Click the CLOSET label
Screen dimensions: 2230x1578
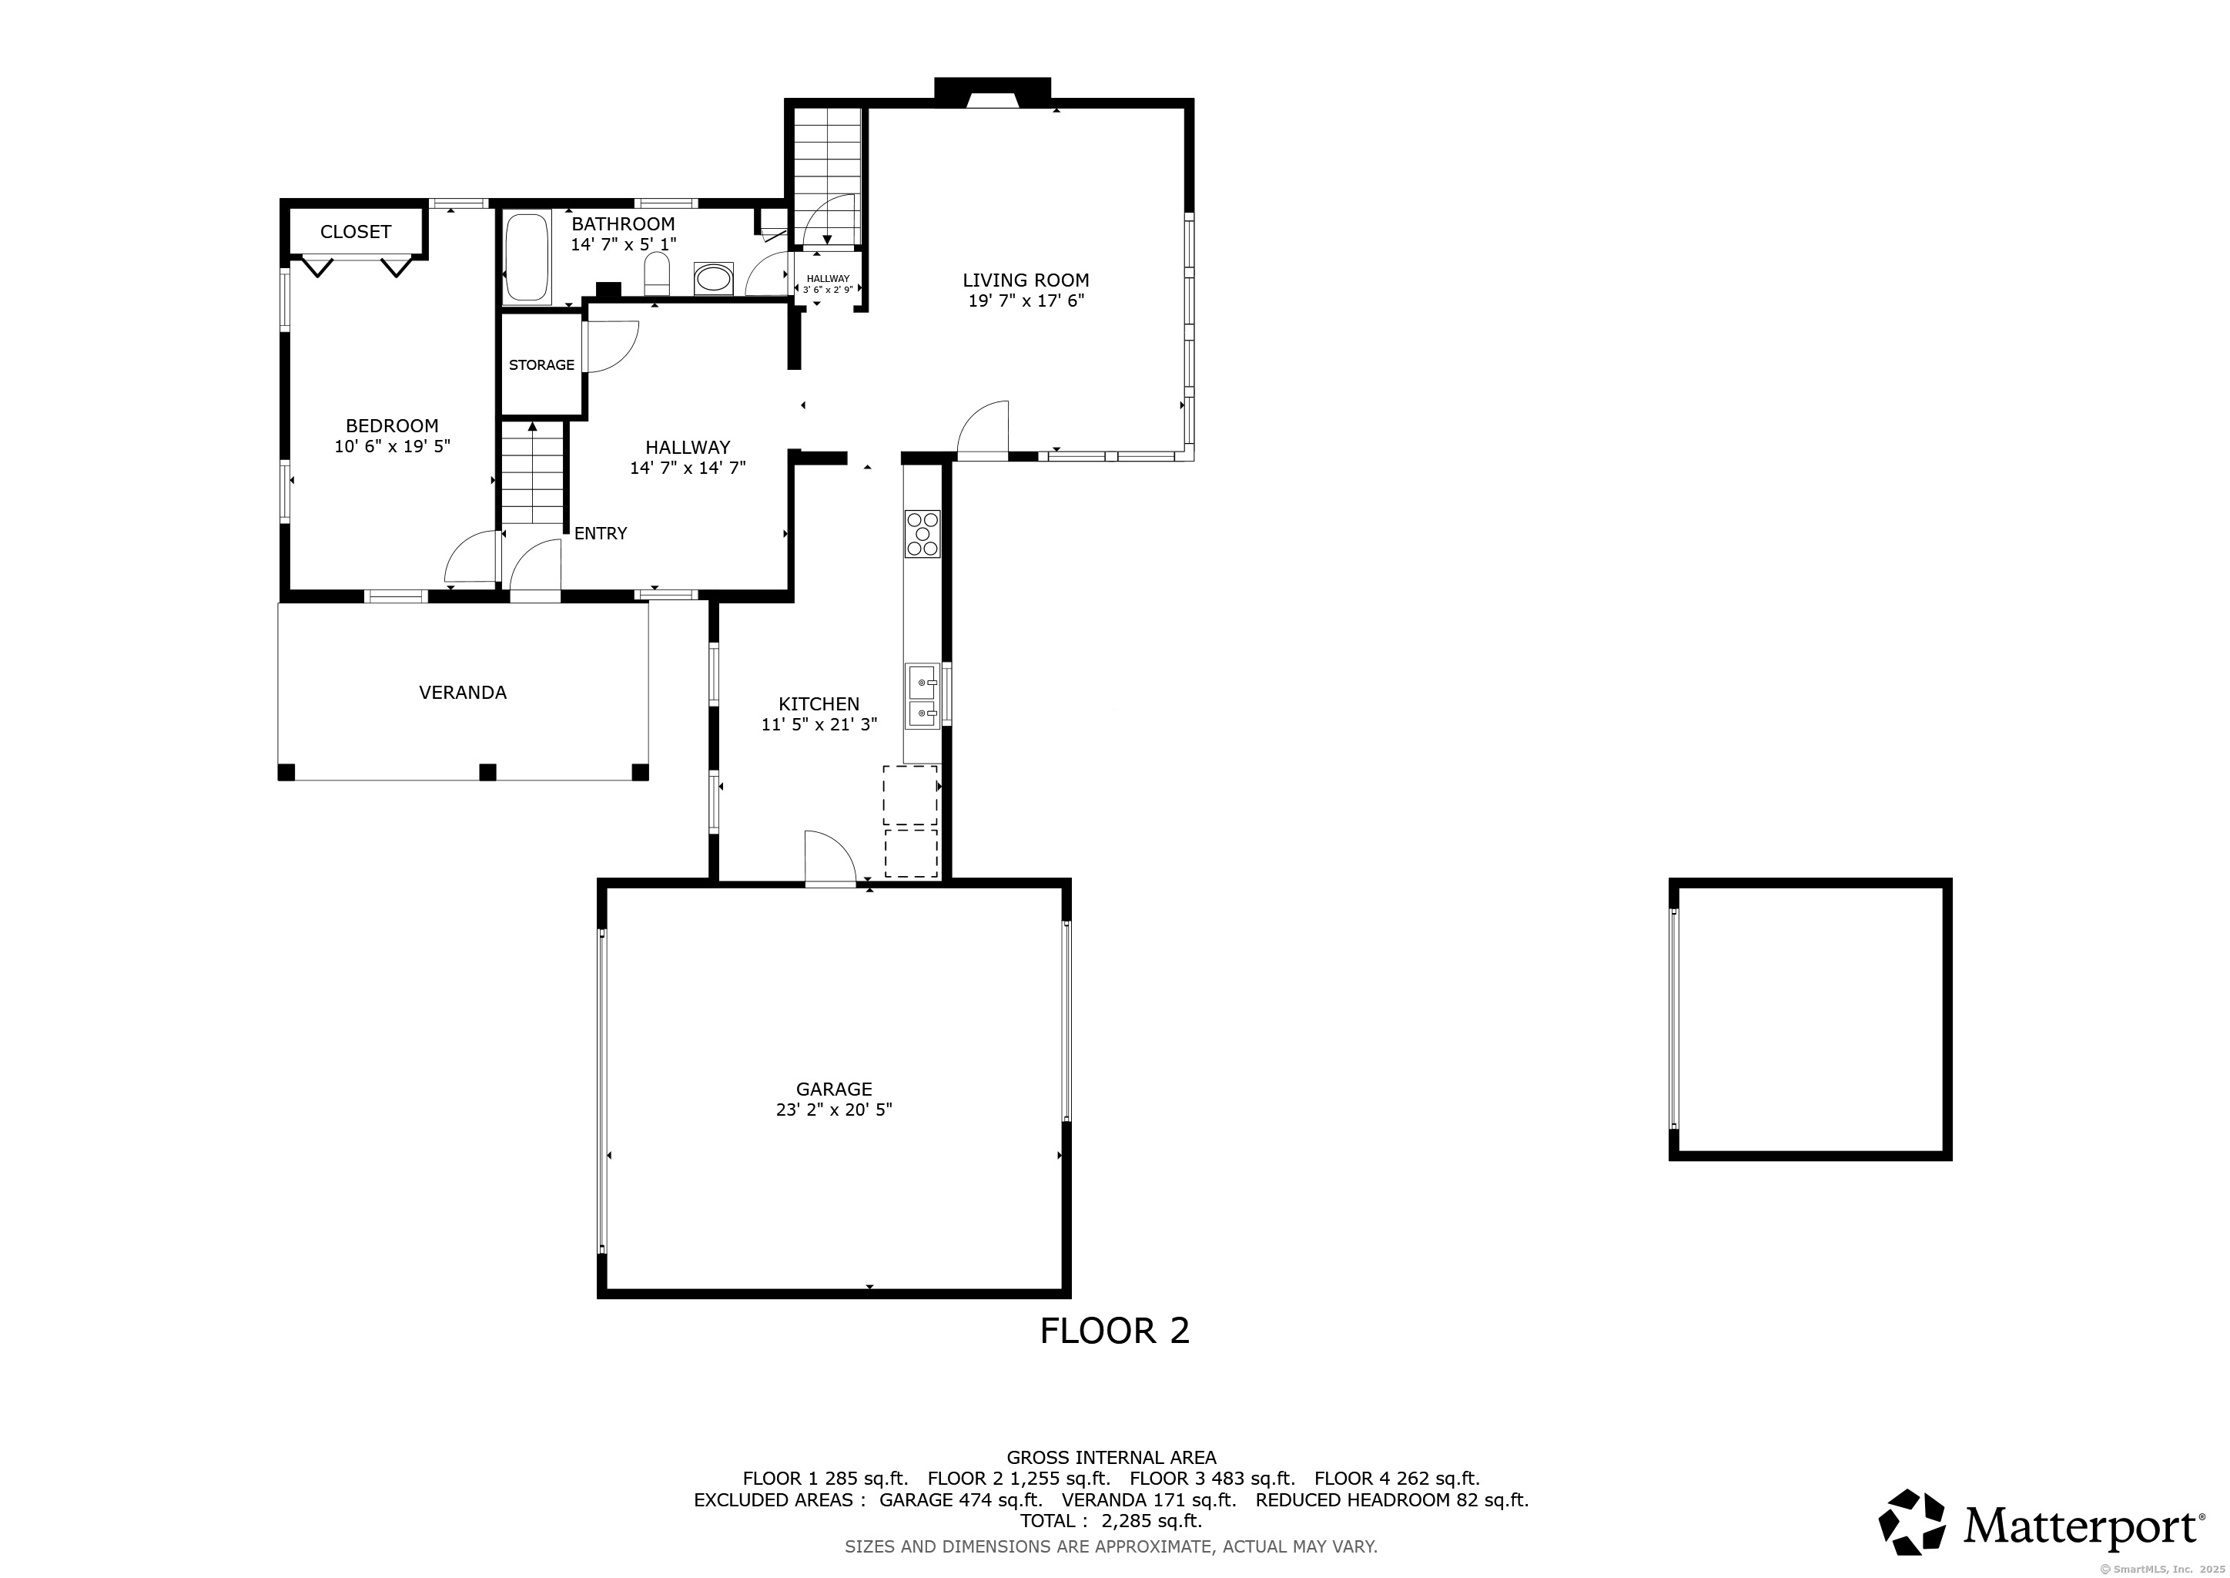356,231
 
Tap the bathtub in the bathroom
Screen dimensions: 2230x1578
527,257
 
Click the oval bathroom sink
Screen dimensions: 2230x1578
715,278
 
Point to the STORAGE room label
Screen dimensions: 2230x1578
542,365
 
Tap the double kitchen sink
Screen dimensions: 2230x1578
922,696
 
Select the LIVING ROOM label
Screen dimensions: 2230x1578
1026,280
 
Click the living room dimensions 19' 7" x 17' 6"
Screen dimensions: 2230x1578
1026,301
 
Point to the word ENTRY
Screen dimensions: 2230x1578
600,532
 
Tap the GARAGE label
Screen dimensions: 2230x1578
834,1089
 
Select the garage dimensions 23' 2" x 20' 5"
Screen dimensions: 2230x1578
834,1110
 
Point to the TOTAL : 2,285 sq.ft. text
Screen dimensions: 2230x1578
1111,1521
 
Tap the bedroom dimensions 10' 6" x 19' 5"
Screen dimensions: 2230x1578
393,447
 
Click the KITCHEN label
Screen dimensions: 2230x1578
819,704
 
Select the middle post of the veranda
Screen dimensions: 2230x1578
487,773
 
